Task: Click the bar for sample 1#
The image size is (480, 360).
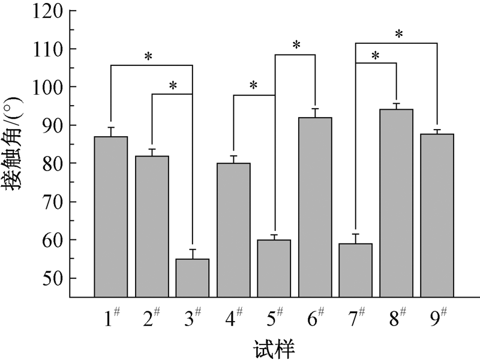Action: (111, 216)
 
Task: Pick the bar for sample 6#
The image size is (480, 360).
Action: (315, 207)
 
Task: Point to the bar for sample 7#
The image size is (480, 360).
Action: (356, 269)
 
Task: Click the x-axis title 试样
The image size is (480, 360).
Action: (274, 347)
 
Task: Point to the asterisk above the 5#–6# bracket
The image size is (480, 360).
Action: (296, 46)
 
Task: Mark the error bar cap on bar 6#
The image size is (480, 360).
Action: (315, 109)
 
